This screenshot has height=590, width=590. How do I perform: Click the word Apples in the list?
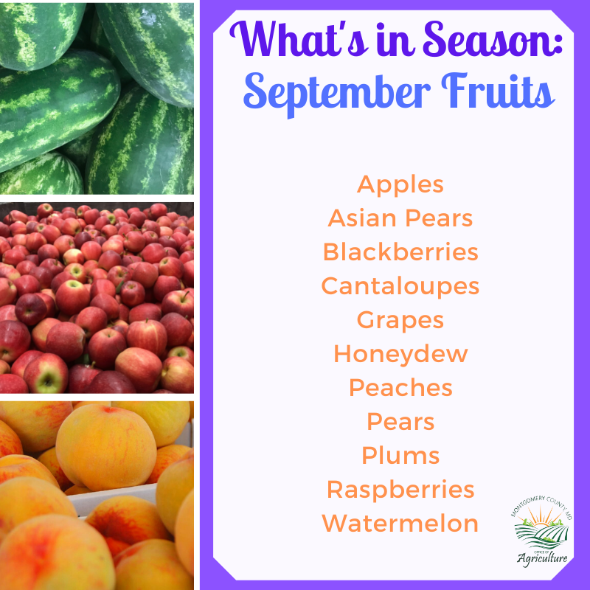click(400, 184)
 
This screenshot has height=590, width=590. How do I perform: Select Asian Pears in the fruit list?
click(400, 218)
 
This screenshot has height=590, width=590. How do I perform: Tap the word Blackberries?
click(400, 252)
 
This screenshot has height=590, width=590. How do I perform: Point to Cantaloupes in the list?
click(400, 286)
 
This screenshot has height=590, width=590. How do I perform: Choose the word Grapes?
click(400, 321)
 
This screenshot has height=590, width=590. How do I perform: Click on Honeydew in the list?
click(400, 354)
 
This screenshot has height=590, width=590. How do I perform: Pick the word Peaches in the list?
click(400, 388)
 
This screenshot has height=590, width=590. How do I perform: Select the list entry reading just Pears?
click(400, 423)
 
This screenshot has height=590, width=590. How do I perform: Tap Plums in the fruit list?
click(400, 456)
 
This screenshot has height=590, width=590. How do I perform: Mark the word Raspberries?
click(400, 490)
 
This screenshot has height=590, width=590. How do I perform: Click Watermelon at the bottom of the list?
click(400, 524)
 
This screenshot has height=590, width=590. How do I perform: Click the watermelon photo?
click(97, 97)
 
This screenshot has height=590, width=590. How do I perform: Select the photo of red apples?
click(97, 297)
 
